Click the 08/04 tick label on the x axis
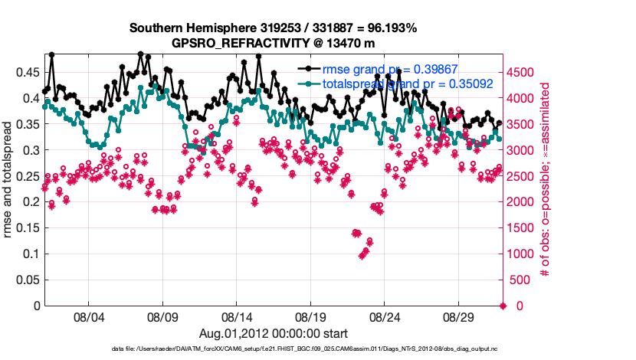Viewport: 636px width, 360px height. [88, 316]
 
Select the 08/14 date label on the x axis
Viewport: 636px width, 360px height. [237, 316]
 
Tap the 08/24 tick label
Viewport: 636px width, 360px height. [385, 316]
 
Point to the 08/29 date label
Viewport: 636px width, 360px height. [460, 316]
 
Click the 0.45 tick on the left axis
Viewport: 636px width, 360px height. [28, 72]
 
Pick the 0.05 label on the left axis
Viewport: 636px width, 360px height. [28, 280]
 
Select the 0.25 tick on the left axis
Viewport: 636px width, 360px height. [28, 176]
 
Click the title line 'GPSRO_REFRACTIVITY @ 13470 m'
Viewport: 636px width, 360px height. [273, 43]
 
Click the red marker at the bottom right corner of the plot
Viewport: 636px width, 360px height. [503, 306]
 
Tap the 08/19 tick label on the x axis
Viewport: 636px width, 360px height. [311, 316]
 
